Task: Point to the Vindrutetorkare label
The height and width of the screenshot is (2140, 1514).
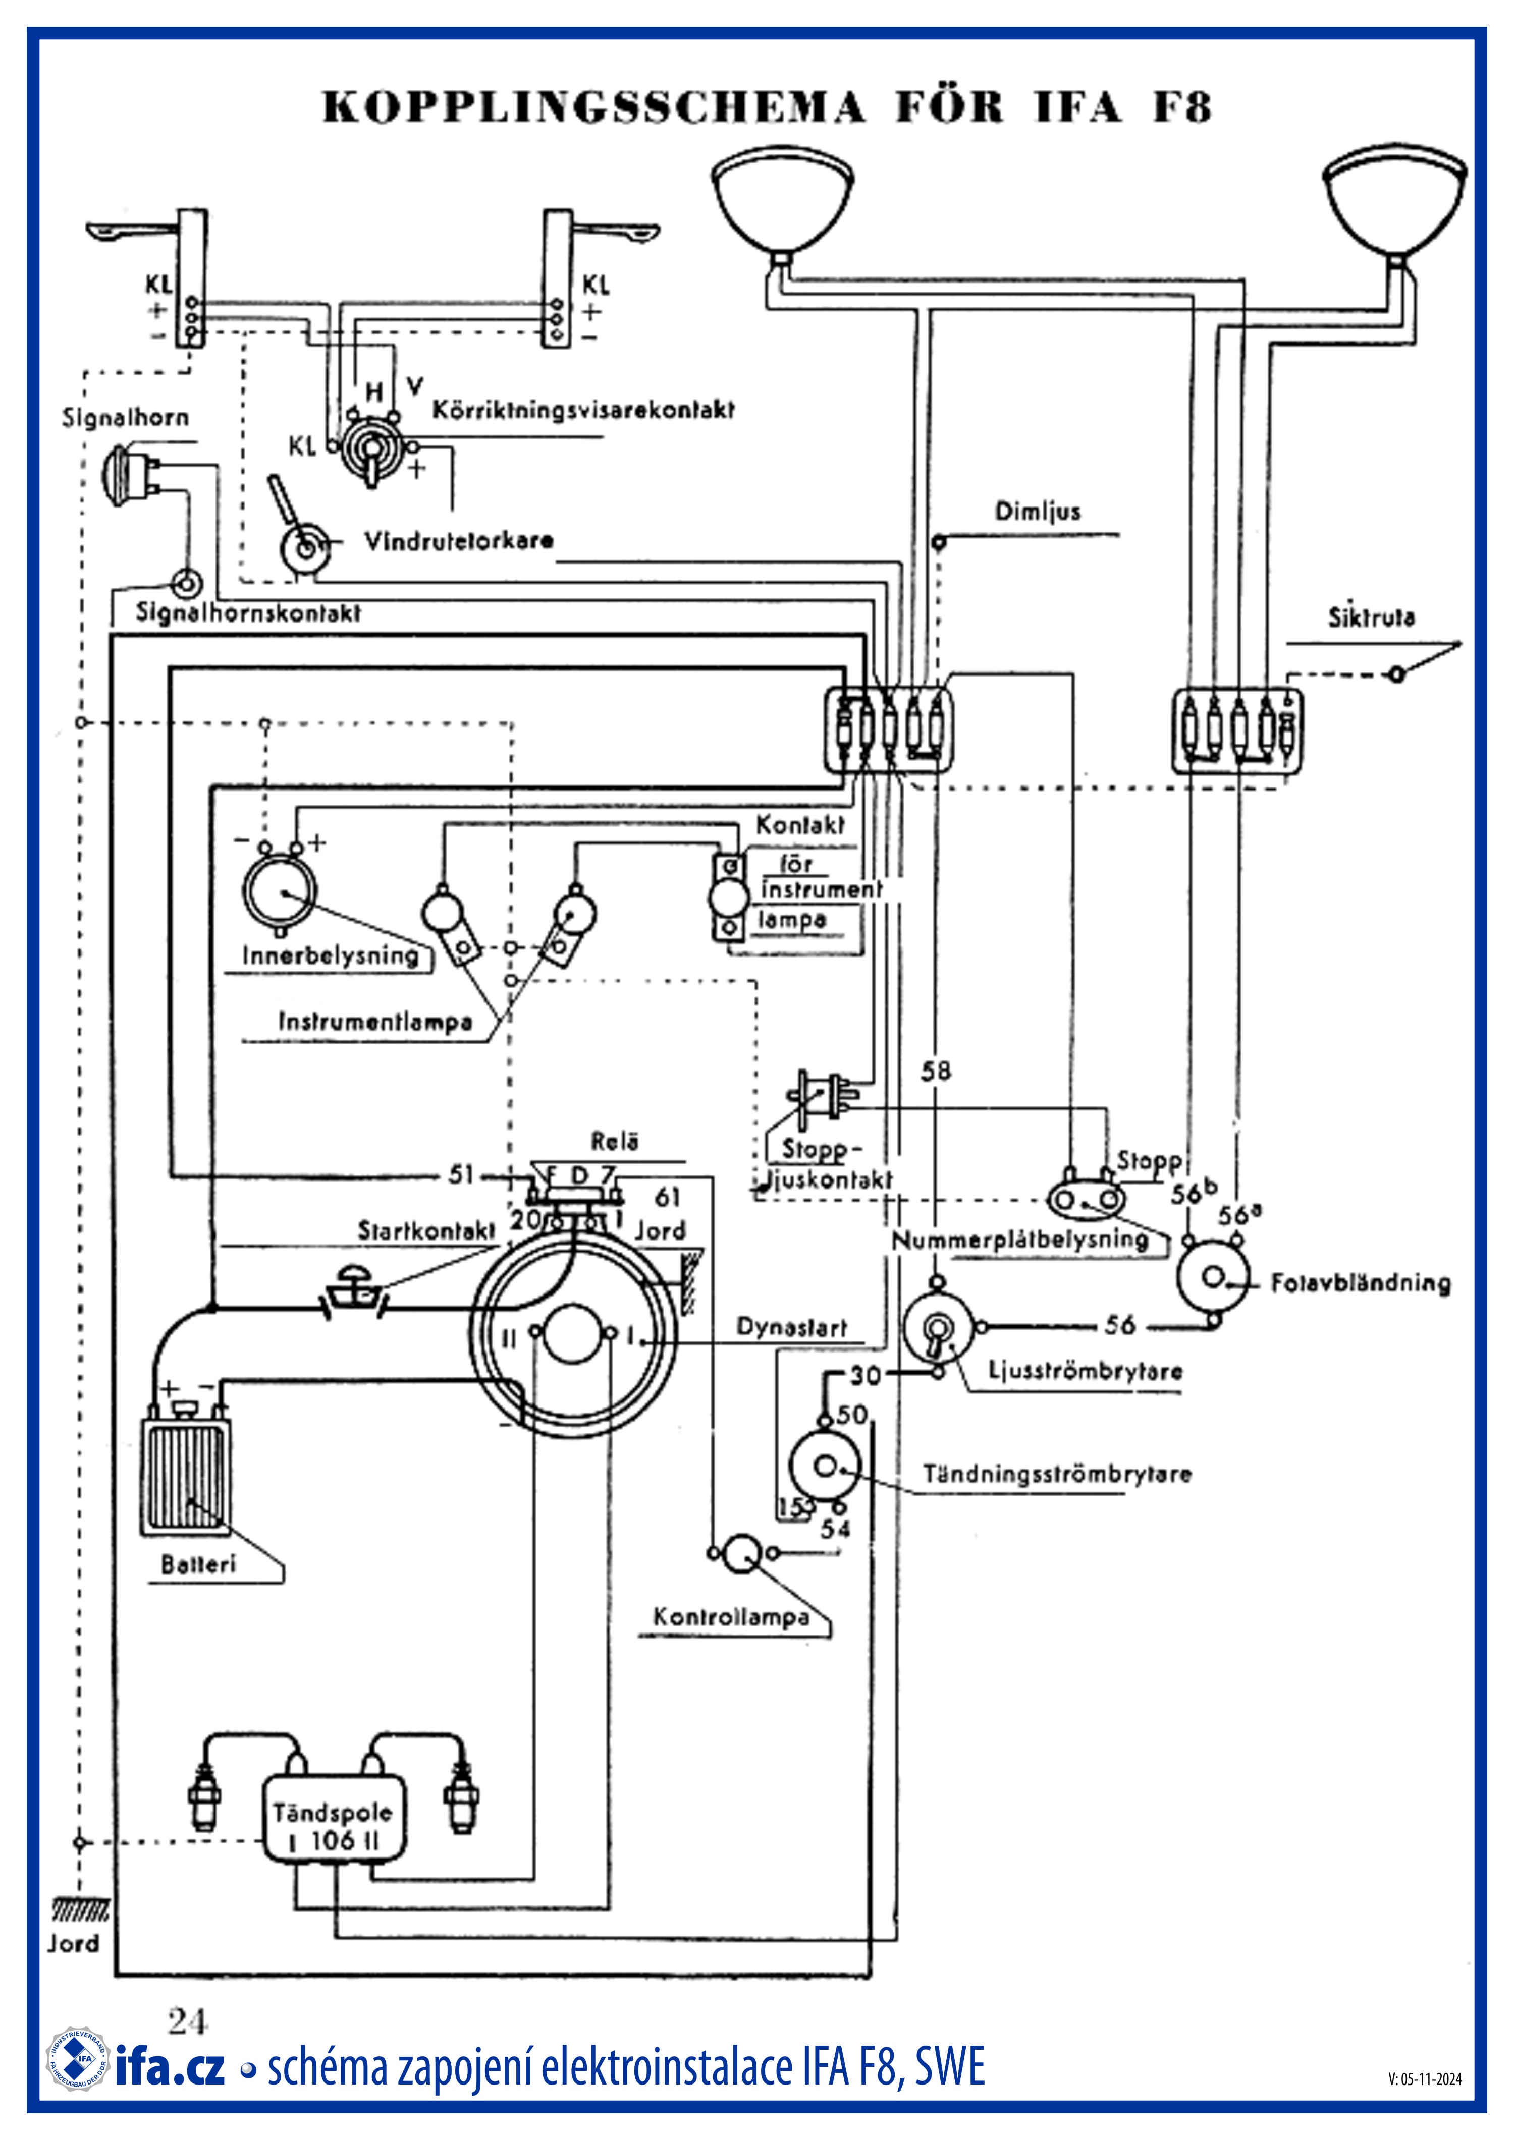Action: (459, 541)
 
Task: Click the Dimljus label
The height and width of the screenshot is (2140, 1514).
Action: (1038, 512)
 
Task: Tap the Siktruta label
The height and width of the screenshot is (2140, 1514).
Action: (1371, 617)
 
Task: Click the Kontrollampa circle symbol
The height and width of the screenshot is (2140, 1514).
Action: (743, 1553)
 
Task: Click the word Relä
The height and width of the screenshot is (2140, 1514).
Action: (614, 1142)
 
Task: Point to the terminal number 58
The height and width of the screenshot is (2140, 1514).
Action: (936, 1071)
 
